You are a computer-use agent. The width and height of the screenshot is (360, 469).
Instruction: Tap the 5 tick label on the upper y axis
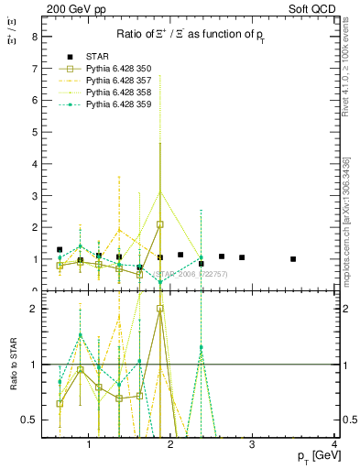pyautogui.click(x=34, y=133)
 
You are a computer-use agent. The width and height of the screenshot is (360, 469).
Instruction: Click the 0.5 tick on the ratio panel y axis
pyautogui.click(x=29, y=420)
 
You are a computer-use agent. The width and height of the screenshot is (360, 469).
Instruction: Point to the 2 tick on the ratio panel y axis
pyautogui.click(x=34, y=309)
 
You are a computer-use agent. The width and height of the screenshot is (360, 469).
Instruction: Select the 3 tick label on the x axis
pyautogui.click(x=253, y=444)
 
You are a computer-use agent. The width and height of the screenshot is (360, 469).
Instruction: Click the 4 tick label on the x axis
pyautogui.click(x=334, y=444)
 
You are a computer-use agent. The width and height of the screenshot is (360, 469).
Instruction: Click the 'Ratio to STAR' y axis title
pyautogui.click(x=13, y=365)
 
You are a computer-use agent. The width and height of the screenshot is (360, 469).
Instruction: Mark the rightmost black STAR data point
pyautogui.click(x=293, y=259)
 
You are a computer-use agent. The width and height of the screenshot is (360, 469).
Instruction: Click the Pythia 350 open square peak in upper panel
pyautogui.click(x=160, y=224)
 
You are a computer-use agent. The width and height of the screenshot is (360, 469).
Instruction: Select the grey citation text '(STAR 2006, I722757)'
pyautogui.click(x=190, y=274)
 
